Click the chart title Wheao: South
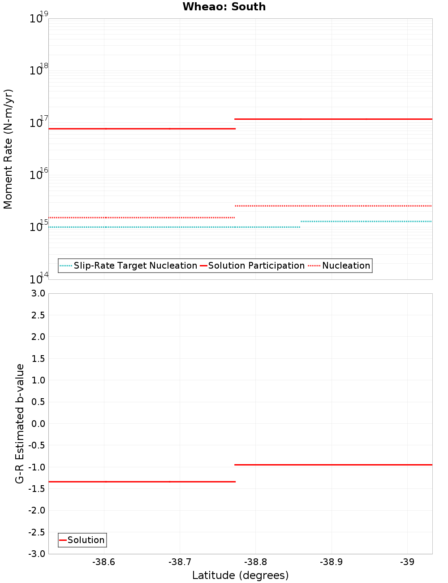(x=224, y=7)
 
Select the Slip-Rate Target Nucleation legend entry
(x=135, y=265)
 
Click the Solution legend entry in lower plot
(x=86, y=540)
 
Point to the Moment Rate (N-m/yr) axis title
(x=8, y=149)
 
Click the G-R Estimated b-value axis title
(x=20, y=423)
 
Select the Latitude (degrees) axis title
(x=240, y=575)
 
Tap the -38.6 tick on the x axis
(x=103, y=562)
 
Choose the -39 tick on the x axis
(x=407, y=562)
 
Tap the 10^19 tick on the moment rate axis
(x=39, y=18)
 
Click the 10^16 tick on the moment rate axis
(x=39, y=174)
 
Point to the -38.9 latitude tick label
(x=331, y=562)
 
